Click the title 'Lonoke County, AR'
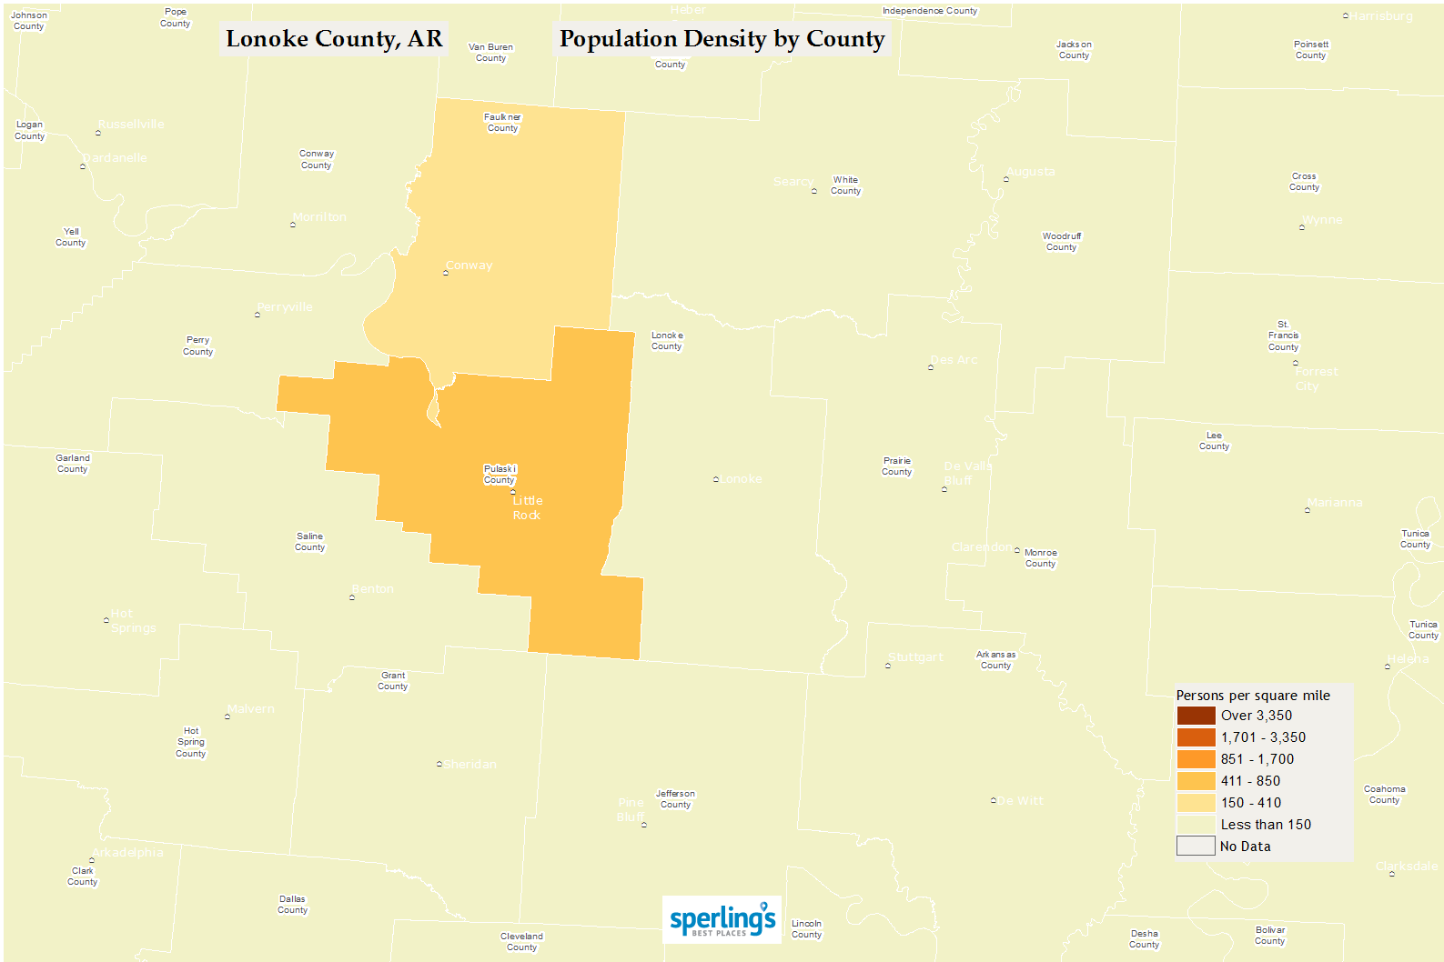tap(334, 39)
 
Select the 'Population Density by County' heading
tap(722, 39)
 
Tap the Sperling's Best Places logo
tap(722, 919)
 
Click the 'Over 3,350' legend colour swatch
tap(1196, 716)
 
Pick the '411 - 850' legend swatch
tap(1196, 781)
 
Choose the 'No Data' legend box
tap(1196, 847)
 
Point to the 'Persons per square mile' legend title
tap(1253, 696)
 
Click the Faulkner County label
tap(502, 123)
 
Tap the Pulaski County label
tap(500, 475)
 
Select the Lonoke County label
tap(667, 341)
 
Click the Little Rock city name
tap(527, 508)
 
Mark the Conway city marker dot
tap(446, 273)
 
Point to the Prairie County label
tap(896, 466)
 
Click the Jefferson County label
tap(675, 799)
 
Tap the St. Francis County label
tap(1283, 336)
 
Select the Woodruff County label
tap(1061, 242)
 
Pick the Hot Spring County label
tap(191, 742)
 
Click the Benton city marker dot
tap(352, 597)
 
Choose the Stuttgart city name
tap(915, 657)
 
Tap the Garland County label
tap(73, 464)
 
